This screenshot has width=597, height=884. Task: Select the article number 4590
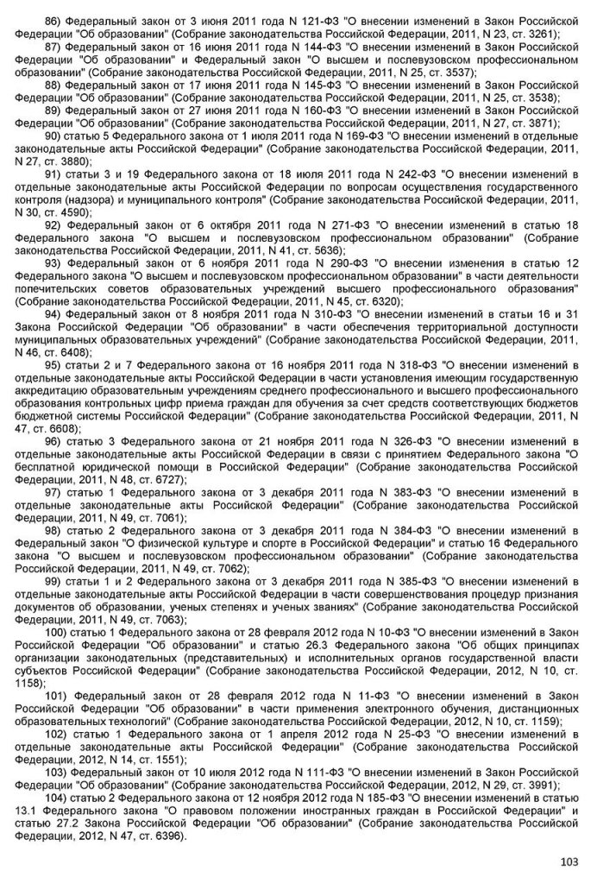[78, 211]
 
